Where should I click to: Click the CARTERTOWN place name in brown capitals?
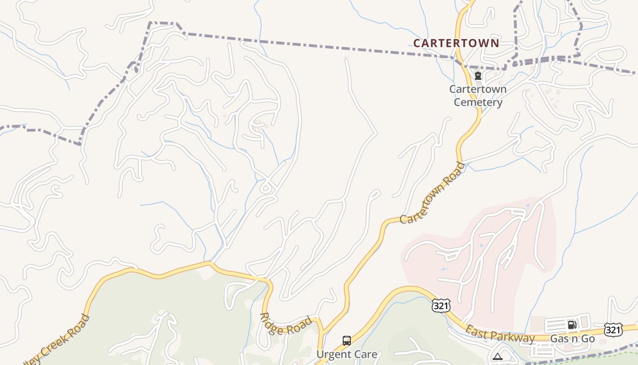tap(456, 43)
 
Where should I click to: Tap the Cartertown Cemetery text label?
tap(478, 95)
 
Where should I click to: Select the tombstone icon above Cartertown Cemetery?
tap(478, 76)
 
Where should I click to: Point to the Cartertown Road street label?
tap(432, 193)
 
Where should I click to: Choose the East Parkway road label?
tap(499, 334)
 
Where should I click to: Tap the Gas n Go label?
tap(572, 339)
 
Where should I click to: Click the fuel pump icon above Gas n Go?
tap(571, 325)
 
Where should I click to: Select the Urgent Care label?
tap(347, 354)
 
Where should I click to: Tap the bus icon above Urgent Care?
tap(347, 341)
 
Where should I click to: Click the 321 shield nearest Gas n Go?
tap(613, 329)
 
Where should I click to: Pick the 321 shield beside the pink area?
tap(441, 306)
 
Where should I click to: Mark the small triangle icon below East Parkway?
tap(497, 356)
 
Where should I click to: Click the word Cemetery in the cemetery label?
tap(478, 102)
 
